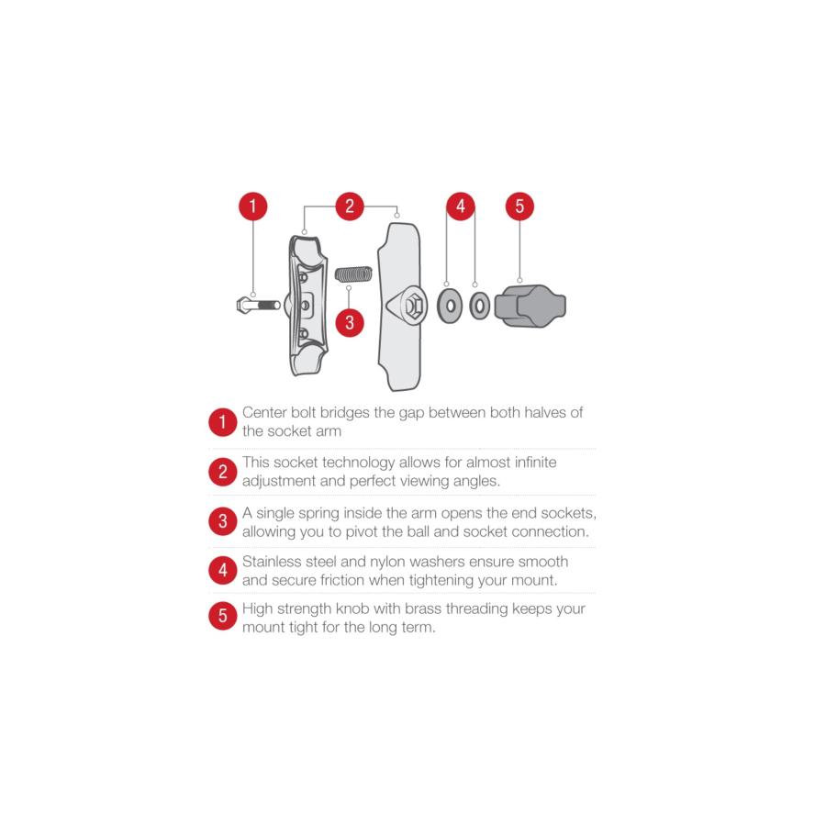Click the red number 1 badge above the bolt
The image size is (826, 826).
click(253, 206)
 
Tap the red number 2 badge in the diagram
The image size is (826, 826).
click(350, 206)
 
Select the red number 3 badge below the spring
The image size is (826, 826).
click(350, 322)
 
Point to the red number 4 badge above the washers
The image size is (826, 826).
click(461, 206)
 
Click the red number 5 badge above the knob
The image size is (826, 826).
click(519, 206)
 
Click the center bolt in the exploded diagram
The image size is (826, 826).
click(259, 305)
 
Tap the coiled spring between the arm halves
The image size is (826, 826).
click(354, 273)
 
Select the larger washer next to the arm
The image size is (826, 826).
click(450, 306)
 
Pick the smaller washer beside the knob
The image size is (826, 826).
click(479, 306)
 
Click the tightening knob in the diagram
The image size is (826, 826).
click(530, 306)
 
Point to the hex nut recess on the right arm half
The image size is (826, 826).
click(414, 306)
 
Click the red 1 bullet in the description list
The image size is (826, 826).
click(223, 422)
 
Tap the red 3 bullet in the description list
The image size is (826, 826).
click(223, 521)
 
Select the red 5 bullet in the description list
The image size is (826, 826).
click(223, 615)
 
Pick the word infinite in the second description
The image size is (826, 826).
click(536, 462)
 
